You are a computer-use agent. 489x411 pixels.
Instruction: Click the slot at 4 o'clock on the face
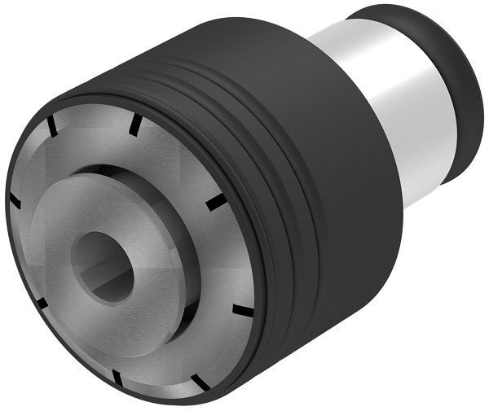pyautogui.click(x=241, y=310)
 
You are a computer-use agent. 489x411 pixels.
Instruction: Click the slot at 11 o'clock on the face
pyautogui.click(x=50, y=126)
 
